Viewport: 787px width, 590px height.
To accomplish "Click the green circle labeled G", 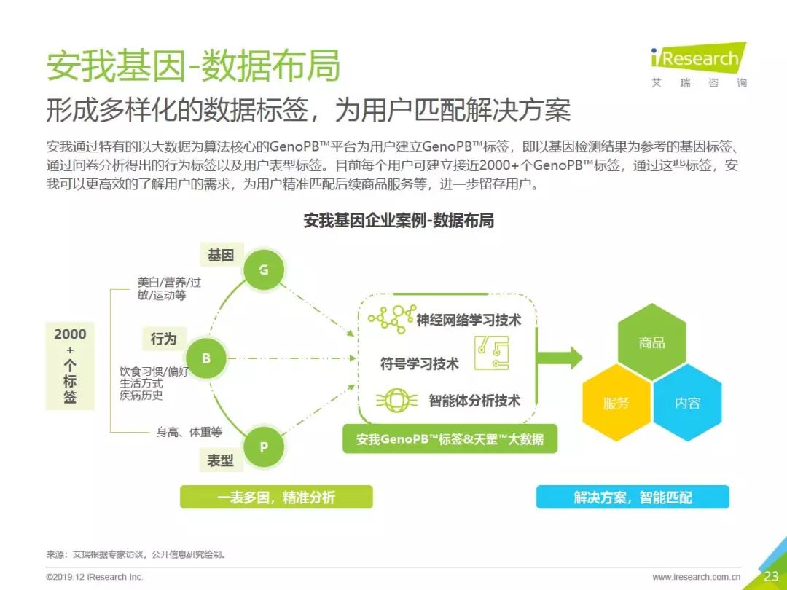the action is point(264,270).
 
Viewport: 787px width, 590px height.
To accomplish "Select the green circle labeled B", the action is point(205,358).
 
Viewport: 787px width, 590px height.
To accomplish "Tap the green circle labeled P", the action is point(264,447).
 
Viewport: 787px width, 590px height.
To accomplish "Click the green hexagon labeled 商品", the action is point(651,342).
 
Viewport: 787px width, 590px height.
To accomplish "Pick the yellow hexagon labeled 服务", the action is point(616,403).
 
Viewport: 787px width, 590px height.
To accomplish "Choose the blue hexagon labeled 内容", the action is point(687,403).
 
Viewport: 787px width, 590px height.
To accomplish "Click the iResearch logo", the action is point(699,65).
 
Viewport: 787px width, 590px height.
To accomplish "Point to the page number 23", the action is point(771,576).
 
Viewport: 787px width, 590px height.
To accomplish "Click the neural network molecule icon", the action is point(391,318).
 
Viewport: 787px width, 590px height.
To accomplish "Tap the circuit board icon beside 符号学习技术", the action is point(491,353).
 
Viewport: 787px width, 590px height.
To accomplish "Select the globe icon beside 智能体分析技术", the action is point(396,401).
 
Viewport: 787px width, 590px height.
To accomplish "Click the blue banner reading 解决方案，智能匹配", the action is point(633,497).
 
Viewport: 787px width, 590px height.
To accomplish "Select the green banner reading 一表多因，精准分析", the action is point(276,497).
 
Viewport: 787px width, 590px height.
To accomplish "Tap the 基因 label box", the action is point(221,255).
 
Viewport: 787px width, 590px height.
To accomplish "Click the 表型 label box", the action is point(221,460).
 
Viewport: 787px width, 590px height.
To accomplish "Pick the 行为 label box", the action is point(164,339).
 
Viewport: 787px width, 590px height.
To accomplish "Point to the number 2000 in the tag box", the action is point(70,334).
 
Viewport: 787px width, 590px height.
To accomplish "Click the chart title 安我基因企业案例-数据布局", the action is point(399,220).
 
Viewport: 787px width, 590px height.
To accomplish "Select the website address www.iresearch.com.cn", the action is point(696,577).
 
